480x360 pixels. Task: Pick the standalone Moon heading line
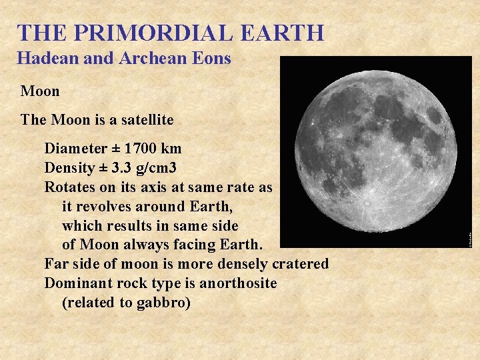coord(40,91)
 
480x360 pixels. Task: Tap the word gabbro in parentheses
coord(165,303)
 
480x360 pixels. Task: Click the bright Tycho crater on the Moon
coord(367,201)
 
